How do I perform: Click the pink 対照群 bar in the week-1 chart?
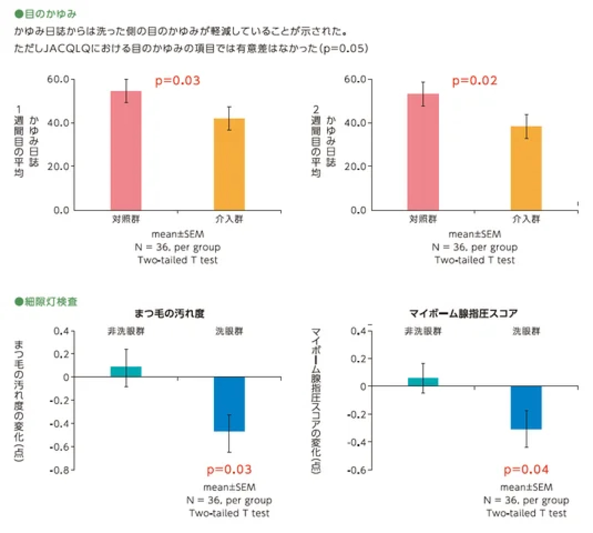click(126, 151)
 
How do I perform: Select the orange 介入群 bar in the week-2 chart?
click(526, 168)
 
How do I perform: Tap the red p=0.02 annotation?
click(474, 80)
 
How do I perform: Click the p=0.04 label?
click(526, 470)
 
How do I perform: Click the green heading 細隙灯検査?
click(51, 302)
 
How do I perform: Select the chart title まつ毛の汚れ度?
click(169, 314)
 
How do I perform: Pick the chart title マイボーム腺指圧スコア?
click(463, 314)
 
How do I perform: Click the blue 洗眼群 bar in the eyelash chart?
click(229, 404)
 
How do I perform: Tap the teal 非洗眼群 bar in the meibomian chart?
click(423, 382)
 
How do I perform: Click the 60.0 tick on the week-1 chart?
click(58, 79)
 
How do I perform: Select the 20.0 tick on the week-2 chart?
click(355, 166)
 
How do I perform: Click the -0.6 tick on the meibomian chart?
click(356, 470)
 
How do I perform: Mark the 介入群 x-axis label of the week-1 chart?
click(229, 219)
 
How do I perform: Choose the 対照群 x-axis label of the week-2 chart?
click(423, 219)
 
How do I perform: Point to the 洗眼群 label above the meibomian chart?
click(526, 331)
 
